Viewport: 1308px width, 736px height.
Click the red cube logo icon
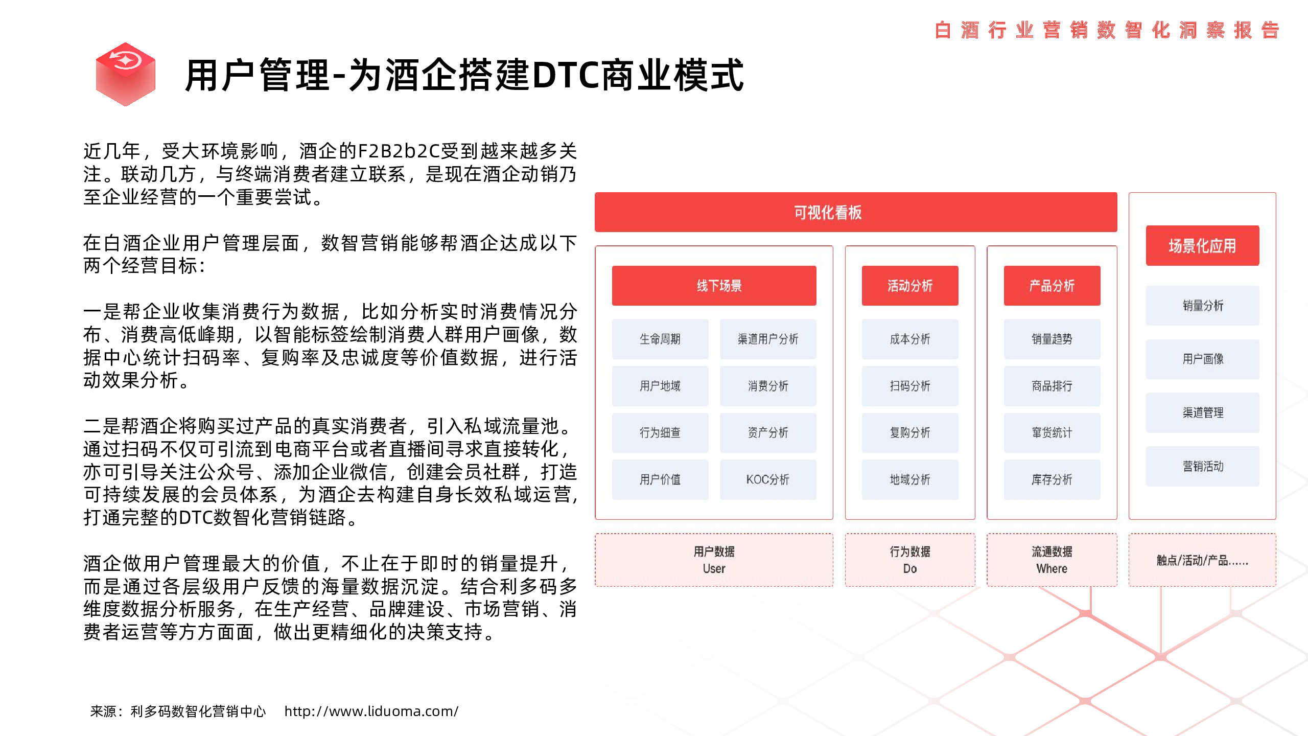click(126, 75)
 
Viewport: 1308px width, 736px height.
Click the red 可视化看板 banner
click(856, 212)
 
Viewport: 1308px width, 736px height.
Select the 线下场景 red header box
click(714, 286)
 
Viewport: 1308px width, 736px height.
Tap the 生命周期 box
click(660, 339)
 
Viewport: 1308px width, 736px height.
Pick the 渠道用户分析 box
click(768, 339)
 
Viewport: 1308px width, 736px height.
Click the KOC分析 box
click(768, 479)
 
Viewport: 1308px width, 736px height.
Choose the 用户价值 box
click(660, 479)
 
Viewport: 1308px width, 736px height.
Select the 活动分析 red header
click(910, 286)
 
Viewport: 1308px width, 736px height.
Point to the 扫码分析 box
click(910, 386)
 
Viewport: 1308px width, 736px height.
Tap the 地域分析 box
click(910, 479)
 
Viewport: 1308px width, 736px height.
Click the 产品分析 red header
click(1052, 286)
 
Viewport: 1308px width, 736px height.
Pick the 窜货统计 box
click(1052, 432)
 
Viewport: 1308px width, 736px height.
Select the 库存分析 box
click(1052, 479)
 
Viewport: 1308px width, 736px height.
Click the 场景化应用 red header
click(1202, 245)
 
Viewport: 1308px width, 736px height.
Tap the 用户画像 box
click(1202, 359)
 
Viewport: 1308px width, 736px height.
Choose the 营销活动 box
click(1202, 466)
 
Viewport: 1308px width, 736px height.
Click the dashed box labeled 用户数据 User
click(714, 560)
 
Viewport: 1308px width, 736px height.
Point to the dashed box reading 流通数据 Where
click(1052, 560)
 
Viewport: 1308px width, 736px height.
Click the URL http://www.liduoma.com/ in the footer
click(371, 711)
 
